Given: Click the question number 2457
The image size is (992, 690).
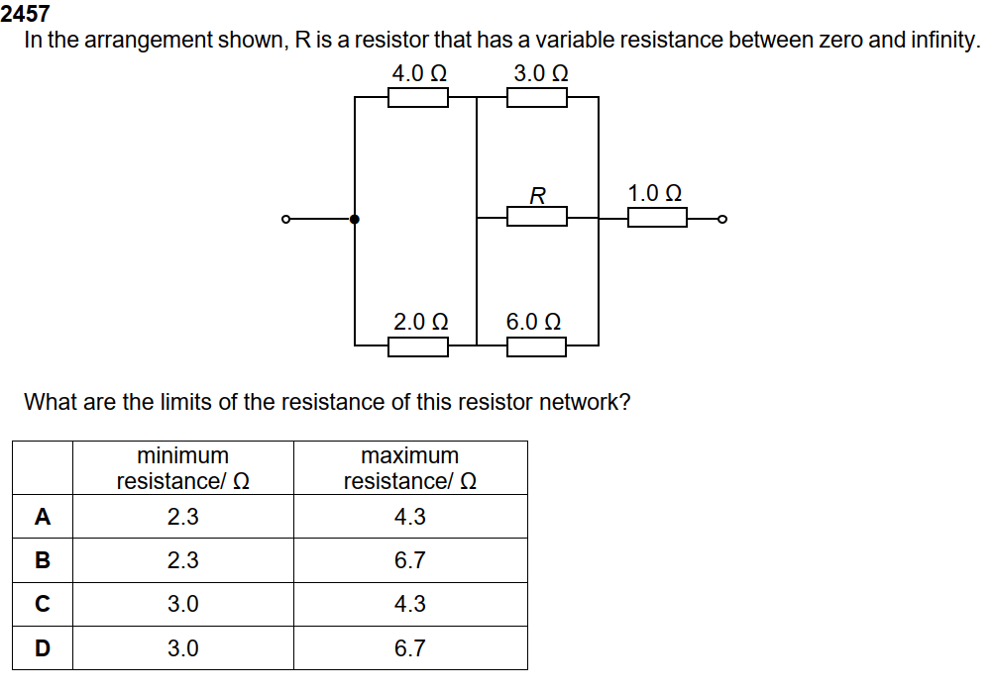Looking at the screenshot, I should [x=26, y=14].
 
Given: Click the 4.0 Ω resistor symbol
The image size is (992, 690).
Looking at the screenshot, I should [x=417, y=97].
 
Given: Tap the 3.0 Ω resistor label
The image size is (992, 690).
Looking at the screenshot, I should [x=541, y=74].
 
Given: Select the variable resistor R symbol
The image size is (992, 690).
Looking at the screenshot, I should [x=537, y=216].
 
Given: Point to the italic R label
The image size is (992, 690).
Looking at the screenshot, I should [x=537, y=195].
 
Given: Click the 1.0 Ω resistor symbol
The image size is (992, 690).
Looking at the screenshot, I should [x=657, y=217].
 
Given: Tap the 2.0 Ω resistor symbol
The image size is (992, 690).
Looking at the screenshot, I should [x=417, y=345].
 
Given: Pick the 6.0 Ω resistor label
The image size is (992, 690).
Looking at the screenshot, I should [x=534, y=322].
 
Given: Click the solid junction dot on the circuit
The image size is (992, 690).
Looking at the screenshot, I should [x=355, y=219].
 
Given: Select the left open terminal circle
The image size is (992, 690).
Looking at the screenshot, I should [x=285, y=219].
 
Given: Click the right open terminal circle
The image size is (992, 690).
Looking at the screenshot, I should [x=722, y=219].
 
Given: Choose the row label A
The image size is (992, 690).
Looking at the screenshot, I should [x=42, y=517].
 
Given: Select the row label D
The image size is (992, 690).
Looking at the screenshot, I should [x=42, y=648].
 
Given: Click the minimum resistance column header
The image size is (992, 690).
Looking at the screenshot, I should [x=182, y=468].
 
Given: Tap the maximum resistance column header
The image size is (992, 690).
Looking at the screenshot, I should [x=410, y=468].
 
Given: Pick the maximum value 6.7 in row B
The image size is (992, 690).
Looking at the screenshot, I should [x=410, y=560].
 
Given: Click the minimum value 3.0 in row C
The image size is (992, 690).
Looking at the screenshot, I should [x=182, y=604].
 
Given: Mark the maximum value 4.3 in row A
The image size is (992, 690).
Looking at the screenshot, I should [x=410, y=517].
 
